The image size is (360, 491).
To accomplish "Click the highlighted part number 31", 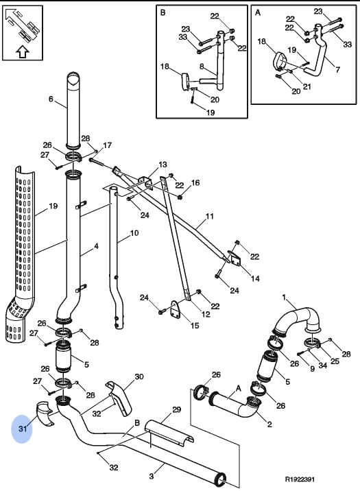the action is point(23,429).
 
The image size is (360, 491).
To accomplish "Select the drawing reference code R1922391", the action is point(300,479).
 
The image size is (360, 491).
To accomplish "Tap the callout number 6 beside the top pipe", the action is point(51,99).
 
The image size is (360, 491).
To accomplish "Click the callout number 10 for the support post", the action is point(134,233).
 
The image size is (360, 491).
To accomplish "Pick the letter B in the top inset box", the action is point(163,12).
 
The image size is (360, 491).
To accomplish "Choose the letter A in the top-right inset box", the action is point(258,12).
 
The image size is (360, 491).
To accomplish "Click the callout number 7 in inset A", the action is point(337,69).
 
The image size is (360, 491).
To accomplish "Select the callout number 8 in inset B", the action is point(202,67).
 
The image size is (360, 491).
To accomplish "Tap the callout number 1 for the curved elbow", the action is point(284,297).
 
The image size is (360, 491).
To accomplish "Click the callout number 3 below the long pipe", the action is point(152,477).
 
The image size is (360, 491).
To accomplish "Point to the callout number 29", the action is point(176,409).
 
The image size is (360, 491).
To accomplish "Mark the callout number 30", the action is point(139,376).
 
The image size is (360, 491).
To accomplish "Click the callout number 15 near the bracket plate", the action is point(195,326).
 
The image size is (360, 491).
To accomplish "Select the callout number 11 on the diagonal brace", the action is point(209,217).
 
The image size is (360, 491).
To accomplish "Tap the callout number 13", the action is point(163,165).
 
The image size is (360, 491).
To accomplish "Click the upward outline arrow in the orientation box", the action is point(23,52).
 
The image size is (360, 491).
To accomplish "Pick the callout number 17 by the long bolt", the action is point(107,145).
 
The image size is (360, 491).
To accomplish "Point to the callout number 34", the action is point(322,365).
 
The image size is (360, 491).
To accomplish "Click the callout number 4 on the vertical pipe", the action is point(96,246).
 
